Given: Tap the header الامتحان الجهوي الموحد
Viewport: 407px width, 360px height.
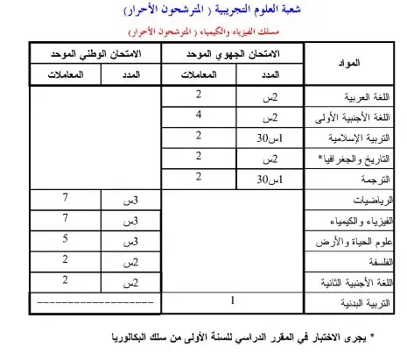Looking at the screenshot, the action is coord(234,54).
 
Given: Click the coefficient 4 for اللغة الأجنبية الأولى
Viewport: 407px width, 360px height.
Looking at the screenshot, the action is coord(200,115).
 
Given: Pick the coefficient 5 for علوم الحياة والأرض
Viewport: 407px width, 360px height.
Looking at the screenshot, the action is coord(66,239).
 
